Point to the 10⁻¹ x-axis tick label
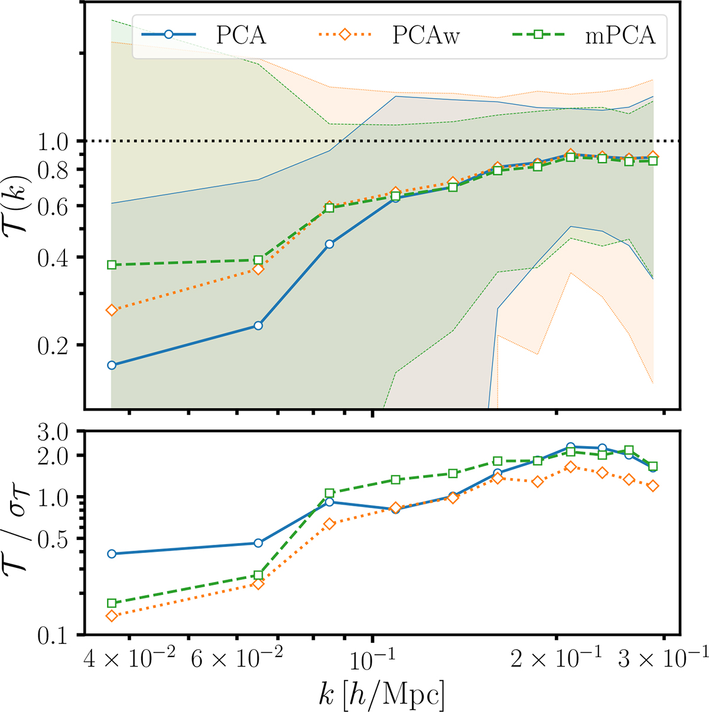point(372,659)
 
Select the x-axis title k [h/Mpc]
point(380,691)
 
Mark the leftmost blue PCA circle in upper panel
point(111,365)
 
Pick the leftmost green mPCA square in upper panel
point(111,265)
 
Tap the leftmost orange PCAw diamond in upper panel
point(111,310)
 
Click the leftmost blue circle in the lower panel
point(111,554)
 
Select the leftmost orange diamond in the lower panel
point(111,616)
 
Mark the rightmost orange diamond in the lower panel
point(653,486)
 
